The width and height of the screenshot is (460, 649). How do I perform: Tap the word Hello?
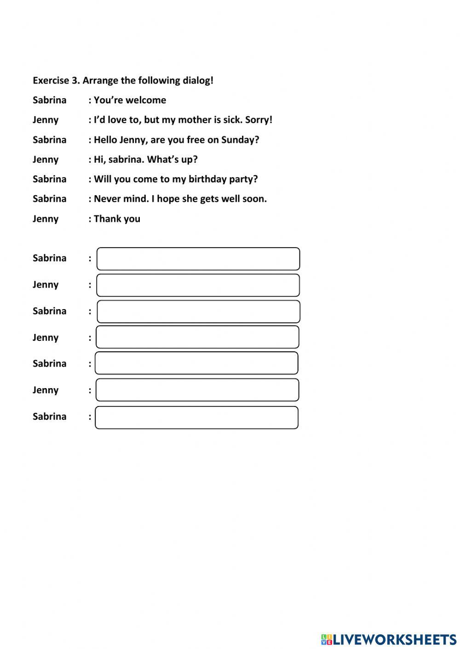(x=105, y=140)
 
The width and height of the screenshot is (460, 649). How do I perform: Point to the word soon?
(x=255, y=199)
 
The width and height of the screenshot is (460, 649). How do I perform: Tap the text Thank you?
(x=117, y=219)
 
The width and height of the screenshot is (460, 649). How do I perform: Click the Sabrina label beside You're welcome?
(x=49, y=100)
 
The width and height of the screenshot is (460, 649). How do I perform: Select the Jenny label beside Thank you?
(x=46, y=219)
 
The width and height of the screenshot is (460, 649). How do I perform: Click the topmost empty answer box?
(x=198, y=259)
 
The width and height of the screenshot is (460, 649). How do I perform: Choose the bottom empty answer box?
(x=197, y=418)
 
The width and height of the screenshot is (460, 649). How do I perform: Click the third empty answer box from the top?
(x=199, y=312)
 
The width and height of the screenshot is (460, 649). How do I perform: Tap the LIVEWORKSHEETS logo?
(x=389, y=639)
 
